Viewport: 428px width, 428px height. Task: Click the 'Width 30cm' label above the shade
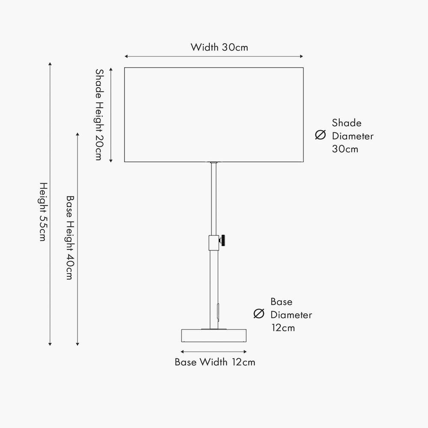tap(220, 47)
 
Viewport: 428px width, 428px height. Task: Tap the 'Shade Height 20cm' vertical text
tap(99, 115)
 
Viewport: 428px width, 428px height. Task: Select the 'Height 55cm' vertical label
tap(43, 212)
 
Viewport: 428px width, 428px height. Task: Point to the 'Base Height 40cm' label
tap(70, 238)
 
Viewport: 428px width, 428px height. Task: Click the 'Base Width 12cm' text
tap(215, 362)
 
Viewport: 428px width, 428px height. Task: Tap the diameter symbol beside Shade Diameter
tap(321, 135)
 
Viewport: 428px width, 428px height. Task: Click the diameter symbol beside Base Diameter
tap(259, 314)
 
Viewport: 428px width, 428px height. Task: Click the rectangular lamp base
tap(214, 336)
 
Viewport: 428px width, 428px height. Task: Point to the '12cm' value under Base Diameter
tap(283, 328)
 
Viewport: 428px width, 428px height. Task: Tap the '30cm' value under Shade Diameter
tap(345, 149)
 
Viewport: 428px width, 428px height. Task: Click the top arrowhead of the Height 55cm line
tap(50, 64)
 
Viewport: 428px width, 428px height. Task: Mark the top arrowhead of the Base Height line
tap(77, 134)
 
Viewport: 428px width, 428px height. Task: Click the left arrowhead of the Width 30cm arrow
tap(126, 56)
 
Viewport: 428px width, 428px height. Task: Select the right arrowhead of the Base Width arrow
tap(245, 352)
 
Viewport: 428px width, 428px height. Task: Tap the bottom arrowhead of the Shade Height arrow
tap(111, 161)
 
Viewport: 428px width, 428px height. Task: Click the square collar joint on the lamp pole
tap(214, 243)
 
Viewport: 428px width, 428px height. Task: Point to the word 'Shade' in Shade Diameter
tap(347, 123)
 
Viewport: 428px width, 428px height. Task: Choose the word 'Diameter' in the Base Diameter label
tap(291, 315)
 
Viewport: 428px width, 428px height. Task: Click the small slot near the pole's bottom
tap(217, 311)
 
